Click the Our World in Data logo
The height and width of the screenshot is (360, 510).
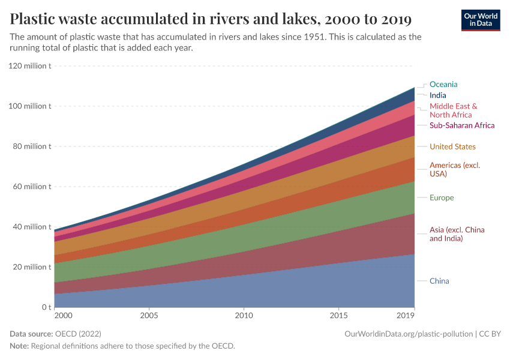pos(480,20)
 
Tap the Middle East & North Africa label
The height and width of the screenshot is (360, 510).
pos(453,110)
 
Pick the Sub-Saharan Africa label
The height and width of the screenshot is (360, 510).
pos(461,125)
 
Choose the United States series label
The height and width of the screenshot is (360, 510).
pos(452,147)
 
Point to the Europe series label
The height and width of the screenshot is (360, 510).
pos(442,198)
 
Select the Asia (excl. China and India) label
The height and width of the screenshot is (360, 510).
pos(457,234)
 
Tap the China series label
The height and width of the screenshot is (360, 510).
pos(439,281)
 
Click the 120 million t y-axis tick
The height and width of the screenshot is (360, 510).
pos(30,66)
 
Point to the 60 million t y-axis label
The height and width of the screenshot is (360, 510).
pos(30,187)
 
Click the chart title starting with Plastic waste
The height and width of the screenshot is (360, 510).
pos(211,19)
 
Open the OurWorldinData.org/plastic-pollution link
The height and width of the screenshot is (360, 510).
pos(409,334)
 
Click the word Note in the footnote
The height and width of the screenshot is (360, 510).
pos(19,346)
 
